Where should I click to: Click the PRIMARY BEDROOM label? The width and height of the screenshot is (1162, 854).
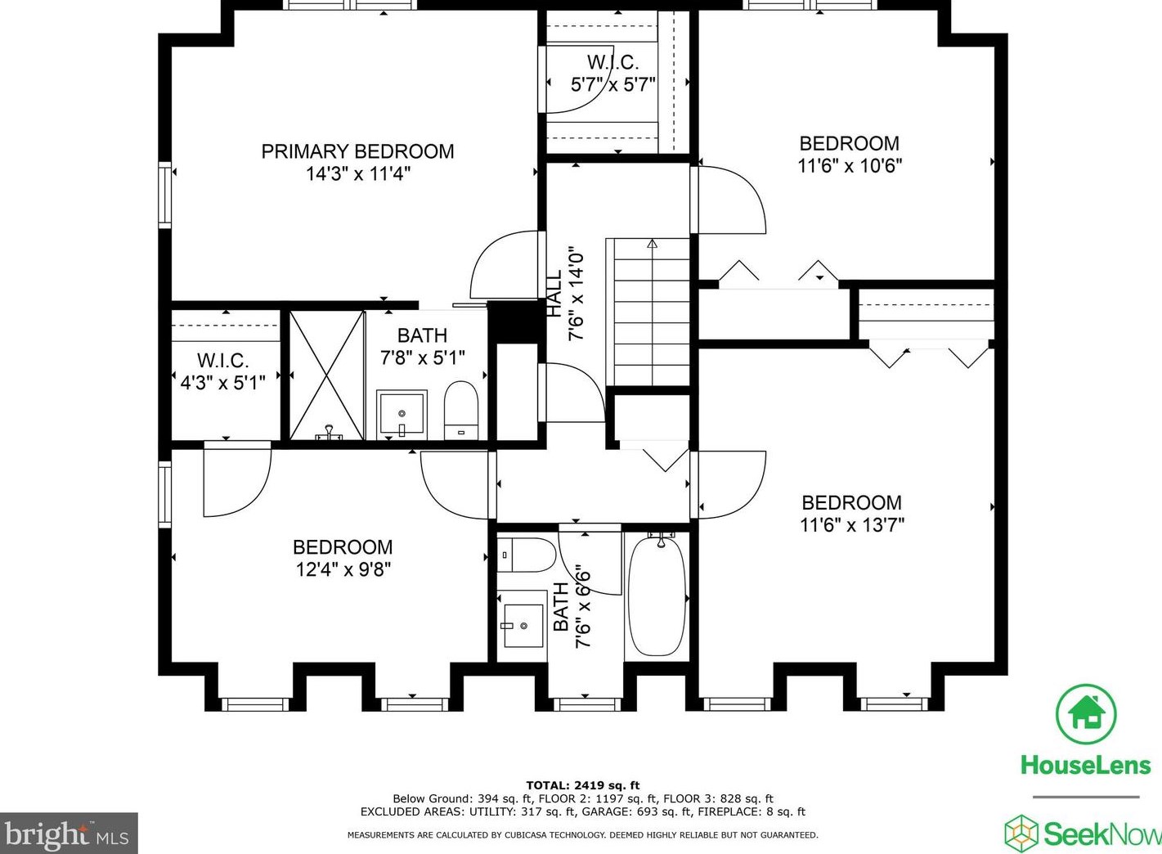tap(357, 151)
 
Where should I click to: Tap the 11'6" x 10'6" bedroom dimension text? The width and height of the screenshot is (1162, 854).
tap(850, 166)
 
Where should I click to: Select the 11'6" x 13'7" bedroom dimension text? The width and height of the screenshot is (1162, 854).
tap(851, 525)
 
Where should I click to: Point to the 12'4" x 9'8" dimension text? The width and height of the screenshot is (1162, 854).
tap(343, 569)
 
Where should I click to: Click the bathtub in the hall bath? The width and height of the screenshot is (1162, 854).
tap(657, 596)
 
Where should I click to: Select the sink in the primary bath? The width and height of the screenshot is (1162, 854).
tap(401, 414)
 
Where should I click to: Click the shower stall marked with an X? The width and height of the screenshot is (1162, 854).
tap(327, 375)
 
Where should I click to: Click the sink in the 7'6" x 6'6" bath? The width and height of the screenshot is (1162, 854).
tap(522, 626)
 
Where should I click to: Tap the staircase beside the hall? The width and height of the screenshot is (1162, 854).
tap(648, 311)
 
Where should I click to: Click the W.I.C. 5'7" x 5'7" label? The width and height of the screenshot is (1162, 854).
tap(612, 73)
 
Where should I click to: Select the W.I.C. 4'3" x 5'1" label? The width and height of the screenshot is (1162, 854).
tap(222, 371)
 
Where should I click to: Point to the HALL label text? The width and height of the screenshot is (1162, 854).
tap(555, 294)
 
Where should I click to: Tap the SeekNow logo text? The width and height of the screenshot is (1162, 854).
tap(1100, 834)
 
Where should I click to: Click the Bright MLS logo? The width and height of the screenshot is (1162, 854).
tap(68, 834)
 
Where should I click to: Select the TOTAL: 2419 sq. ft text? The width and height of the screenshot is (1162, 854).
tap(582, 785)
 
